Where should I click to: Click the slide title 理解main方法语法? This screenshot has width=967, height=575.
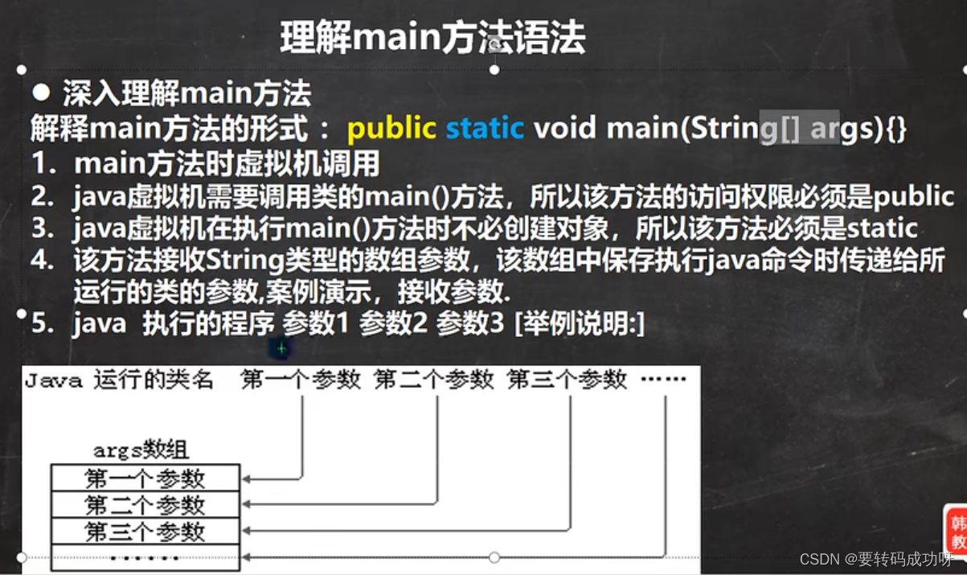click(432, 38)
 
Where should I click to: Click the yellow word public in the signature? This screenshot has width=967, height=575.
click(391, 129)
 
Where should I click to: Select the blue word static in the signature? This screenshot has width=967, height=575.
click(484, 129)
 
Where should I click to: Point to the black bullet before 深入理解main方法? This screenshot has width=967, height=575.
click(41, 93)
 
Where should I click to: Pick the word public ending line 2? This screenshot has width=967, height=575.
click(913, 197)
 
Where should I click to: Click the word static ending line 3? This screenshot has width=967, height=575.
click(882, 228)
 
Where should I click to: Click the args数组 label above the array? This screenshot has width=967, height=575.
click(141, 450)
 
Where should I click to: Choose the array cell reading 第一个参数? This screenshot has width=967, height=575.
click(145, 478)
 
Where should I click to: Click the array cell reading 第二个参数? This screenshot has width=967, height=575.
click(145, 505)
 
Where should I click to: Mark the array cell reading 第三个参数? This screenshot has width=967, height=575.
click(145, 532)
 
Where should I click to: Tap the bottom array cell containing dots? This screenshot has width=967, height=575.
click(145, 557)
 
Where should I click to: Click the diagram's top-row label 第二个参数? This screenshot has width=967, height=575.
click(434, 380)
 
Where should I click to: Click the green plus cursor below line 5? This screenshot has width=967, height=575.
click(281, 349)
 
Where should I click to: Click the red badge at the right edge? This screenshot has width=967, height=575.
click(957, 532)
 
